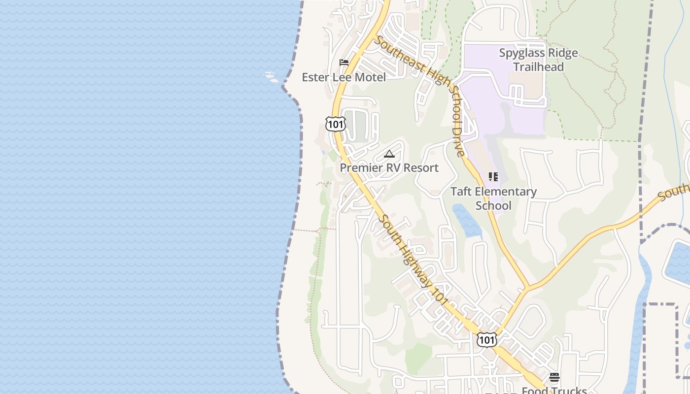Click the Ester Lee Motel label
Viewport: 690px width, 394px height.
344,77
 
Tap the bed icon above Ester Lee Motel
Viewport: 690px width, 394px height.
344,63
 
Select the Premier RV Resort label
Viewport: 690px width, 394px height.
389,167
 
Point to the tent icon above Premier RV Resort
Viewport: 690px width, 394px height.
389,154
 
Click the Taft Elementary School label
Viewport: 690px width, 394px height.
493,198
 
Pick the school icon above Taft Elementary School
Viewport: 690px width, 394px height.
493,176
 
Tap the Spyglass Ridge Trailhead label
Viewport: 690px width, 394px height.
538,60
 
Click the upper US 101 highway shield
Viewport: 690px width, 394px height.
336,124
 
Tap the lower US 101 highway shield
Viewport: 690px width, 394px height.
486,339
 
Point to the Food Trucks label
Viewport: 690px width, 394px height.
554,390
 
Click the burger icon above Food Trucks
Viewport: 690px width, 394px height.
554,377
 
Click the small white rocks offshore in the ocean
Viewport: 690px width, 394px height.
270,76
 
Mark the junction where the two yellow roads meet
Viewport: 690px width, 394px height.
527,287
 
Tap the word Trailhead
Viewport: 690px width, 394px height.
538,66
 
